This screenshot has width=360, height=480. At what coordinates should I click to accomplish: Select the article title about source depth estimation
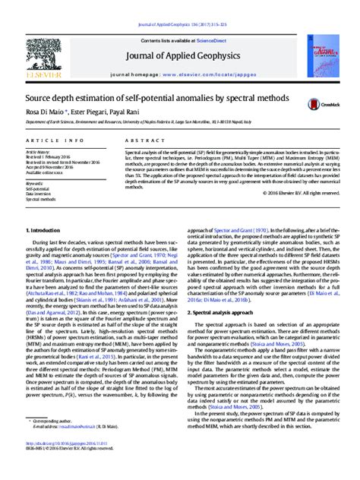158,99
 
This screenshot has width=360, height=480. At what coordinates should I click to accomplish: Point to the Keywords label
34,183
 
